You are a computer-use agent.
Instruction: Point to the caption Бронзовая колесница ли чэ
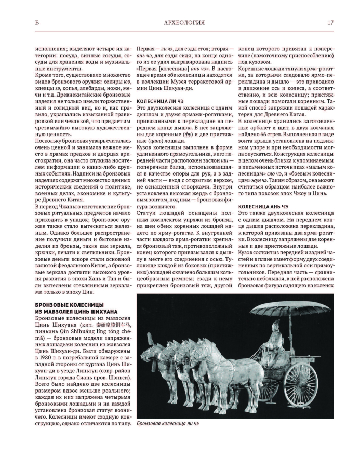pyautogui.click(x=168, y=423)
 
